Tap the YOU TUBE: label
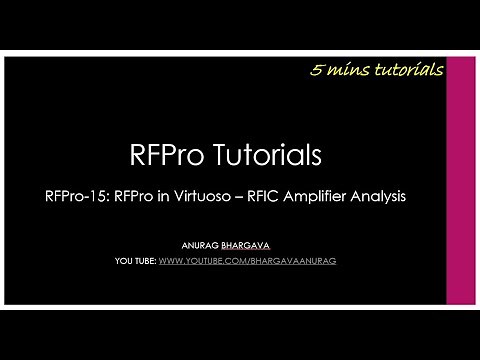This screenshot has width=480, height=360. tap(135, 261)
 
